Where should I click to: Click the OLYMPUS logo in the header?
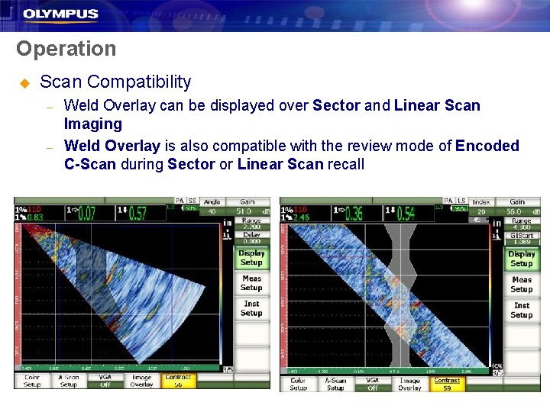60,14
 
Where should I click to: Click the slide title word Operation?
66,49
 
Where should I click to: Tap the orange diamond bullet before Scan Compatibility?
24,82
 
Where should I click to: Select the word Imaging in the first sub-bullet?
92,124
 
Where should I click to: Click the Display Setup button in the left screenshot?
251,258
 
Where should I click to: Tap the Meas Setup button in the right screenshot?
521,285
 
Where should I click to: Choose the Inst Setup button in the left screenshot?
251,308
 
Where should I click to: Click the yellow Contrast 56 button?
178,381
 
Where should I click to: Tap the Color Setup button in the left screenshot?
32,381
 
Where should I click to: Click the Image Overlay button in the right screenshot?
409,384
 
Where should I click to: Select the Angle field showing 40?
212,208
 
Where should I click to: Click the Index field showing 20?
481,208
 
